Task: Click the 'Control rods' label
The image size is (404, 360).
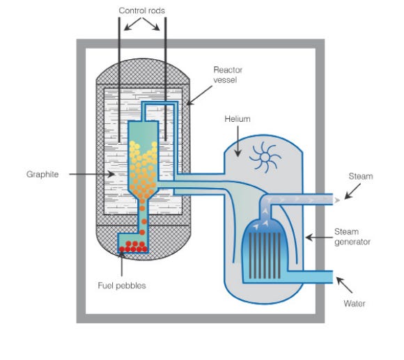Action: tap(141, 10)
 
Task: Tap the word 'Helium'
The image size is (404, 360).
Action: tap(237, 119)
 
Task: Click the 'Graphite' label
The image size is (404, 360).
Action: tap(42, 174)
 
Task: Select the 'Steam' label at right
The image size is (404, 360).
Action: tap(360, 177)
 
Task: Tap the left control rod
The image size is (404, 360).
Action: tap(118, 77)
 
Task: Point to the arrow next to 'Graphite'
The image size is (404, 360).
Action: tap(86, 174)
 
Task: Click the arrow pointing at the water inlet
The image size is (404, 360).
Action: tap(344, 286)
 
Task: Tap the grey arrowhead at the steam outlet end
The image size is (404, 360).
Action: tap(338, 200)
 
